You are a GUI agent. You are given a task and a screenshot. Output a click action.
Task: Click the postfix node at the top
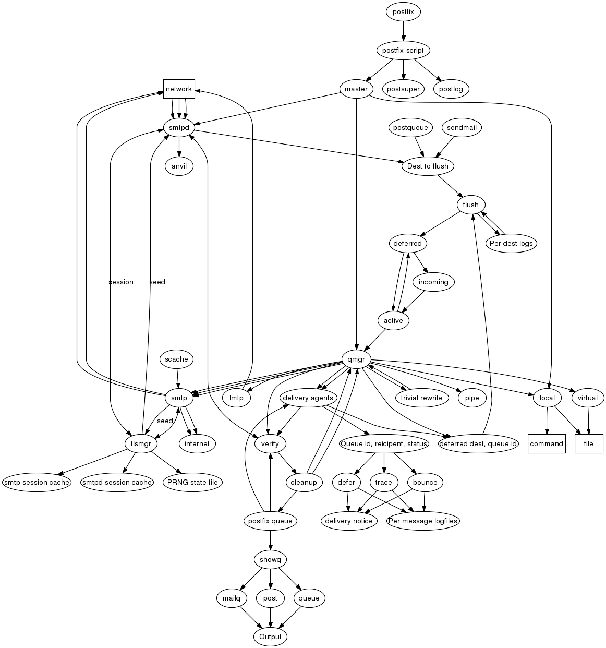pyautogui.click(x=403, y=11)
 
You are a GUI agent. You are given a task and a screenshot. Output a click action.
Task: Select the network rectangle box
pyautogui.click(x=179, y=89)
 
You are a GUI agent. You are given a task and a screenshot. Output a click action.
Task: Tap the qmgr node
pyautogui.click(x=356, y=359)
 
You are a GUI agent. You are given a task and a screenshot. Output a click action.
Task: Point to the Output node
pyautogui.click(x=270, y=637)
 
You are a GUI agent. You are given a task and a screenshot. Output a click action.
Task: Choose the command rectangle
pyautogui.click(x=547, y=443)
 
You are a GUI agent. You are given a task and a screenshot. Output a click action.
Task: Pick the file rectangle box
pyautogui.click(x=589, y=443)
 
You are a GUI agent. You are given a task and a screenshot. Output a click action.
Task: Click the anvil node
pyautogui.click(x=179, y=166)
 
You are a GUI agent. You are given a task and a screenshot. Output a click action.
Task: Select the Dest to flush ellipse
pyautogui.click(x=428, y=166)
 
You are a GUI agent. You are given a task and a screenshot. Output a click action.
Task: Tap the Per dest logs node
pyautogui.click(x=511, y=243)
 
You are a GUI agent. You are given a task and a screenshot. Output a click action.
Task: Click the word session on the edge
pyautogui.click(x=121, y=282)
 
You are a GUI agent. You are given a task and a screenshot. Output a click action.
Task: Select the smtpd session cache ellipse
pyautogui.click(x=117, y=482)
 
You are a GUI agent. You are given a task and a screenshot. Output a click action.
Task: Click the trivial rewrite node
pyautogui.click(x=421, y=398)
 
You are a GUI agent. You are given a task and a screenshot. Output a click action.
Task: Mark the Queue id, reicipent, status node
pyautogui.click(x=384, y=443)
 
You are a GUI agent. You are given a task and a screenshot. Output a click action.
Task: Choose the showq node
pyautogui.click(x=270, y=560)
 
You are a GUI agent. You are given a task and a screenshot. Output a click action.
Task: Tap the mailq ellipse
pyautogui.click(x=231, y=598)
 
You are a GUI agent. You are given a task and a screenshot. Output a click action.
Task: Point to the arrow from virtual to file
pyautogui.click(x=589, y=421)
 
